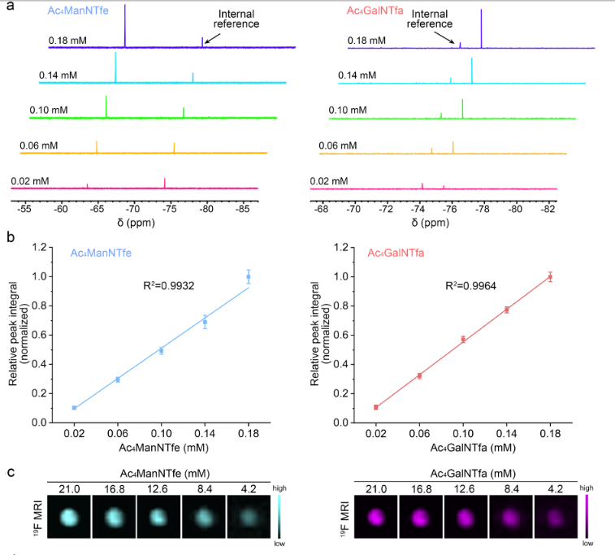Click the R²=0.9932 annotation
(x=167, y=285)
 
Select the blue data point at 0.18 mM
(x=249, y=277)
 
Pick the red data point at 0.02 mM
(x=376, y=407)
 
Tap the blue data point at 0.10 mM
(x=162, y=351)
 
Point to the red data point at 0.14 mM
(x=507, y=310)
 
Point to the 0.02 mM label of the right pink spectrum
(x=329, y=181)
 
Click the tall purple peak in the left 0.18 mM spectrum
(x=125, y=24)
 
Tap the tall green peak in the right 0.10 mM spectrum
(x=463, y=108)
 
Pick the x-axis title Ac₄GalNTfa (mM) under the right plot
(x=463, y=446)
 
